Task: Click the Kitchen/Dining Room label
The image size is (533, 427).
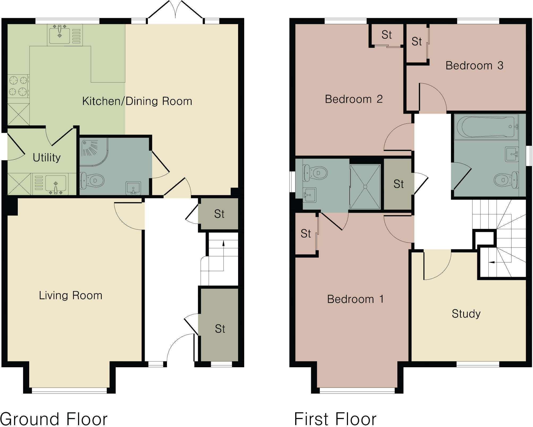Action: click(137, 101)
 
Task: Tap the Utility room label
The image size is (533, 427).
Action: click(47, 158)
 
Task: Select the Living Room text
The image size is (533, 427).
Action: click(71, 296)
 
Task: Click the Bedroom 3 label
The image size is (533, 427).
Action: click(474, 66)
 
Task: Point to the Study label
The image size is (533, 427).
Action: click(466, 314)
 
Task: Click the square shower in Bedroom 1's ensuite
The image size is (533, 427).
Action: click(365, 187)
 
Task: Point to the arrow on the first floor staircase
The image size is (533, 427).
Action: click(492, 262)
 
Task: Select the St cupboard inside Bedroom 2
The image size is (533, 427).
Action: click(386, 35)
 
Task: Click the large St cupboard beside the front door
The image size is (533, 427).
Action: click(220, 329)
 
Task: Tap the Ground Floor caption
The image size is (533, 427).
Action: click(54, 419)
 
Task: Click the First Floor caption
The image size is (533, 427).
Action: click(335, 419)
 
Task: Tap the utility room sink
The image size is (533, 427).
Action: click(55, 184)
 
